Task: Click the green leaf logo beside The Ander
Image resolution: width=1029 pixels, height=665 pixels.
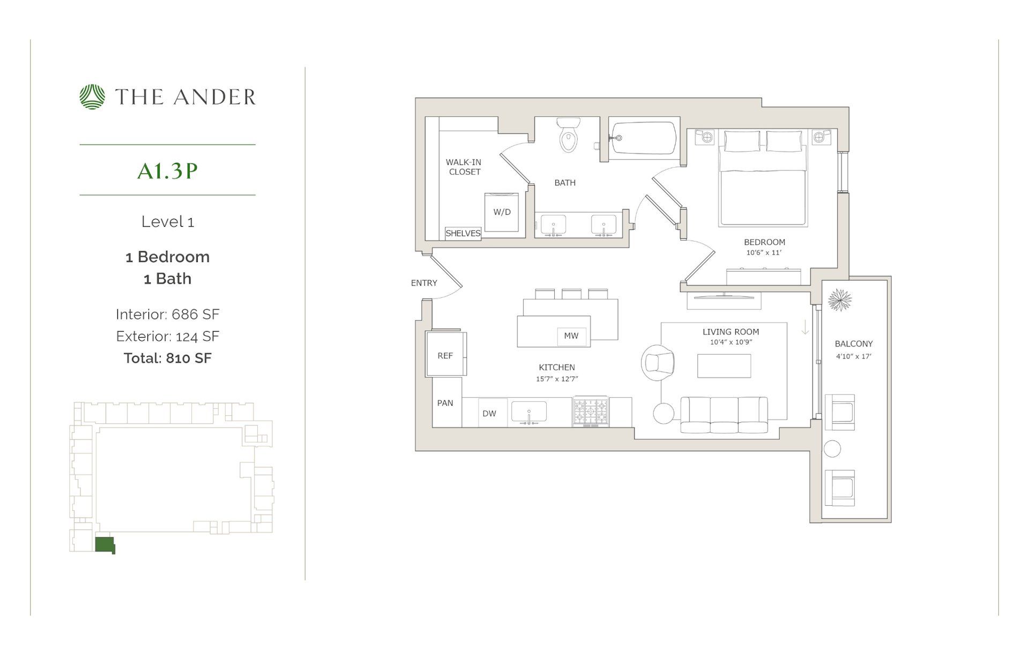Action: (92, 97)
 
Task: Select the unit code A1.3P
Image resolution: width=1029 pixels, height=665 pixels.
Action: (167, 170)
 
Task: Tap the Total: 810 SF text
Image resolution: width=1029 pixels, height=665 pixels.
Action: (167, 358)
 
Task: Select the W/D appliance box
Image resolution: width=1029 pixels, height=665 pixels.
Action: (502, 212)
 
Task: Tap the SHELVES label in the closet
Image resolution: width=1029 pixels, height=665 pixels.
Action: (463, 234)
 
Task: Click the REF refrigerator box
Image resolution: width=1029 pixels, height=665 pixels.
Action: (445, 355)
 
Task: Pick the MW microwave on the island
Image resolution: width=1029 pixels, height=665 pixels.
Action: (571, 336)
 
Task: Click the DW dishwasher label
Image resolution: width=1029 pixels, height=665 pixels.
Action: (489, 413)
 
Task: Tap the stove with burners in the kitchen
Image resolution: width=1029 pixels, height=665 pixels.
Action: (590, 412)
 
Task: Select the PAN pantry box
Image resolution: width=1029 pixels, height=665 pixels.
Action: (445, 403)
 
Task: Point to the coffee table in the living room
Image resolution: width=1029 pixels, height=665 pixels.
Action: (724, 366)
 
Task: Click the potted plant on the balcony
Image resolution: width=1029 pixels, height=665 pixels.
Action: (839, 300)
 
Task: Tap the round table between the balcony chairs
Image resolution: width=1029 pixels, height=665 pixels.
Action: (832, 449)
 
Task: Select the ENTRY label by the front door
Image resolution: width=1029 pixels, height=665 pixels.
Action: (424, 283)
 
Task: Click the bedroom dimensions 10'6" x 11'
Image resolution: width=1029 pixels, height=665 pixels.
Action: (764, 252)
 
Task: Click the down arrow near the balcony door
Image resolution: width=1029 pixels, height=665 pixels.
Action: (805, 327)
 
